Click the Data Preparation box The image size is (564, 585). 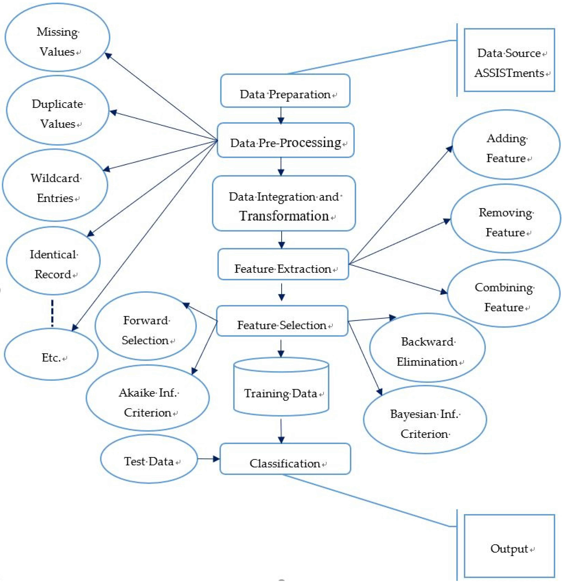[285, 91]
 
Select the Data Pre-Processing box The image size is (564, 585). [285, 140]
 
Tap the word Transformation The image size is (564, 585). [284, 216]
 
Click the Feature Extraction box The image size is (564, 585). [283, 264]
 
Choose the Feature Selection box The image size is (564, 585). [282, 321]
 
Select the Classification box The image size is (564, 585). [285, 459]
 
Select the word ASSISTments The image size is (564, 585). [509, 73]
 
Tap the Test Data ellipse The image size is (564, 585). [148, 459]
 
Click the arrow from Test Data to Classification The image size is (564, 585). [208, 459]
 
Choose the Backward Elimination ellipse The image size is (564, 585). [427, 348]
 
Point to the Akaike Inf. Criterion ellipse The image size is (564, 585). [148, 398]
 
